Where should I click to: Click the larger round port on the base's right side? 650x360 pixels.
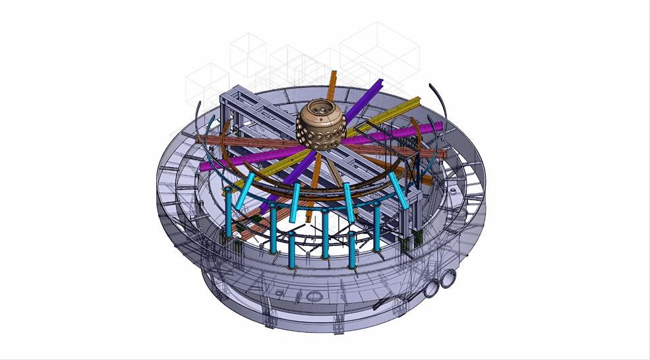coord(450,279)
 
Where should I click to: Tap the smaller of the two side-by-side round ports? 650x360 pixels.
coord(433,287)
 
